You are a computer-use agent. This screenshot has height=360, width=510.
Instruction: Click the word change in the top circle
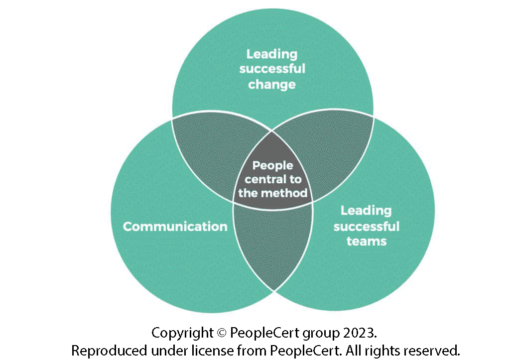pyautogui.click(x=272, y=84)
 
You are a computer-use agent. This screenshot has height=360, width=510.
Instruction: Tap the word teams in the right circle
pyautogui.click(x=367, y=241)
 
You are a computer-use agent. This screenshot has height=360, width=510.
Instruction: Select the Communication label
pyautogui.click(x=175, y=227)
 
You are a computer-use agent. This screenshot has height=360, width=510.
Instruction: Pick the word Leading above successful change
pyautogui.click(x=272, y=54)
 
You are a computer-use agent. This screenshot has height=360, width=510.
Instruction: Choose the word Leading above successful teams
pyautogui.click(x=367, y=211)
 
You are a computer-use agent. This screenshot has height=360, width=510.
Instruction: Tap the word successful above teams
pyautogui.click(x=367, y=227)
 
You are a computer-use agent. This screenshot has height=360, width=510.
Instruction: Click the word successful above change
pyautogui.click(x=272, y=69)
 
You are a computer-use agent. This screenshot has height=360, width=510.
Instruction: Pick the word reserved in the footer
pyautogui.click(x=432, y=350)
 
